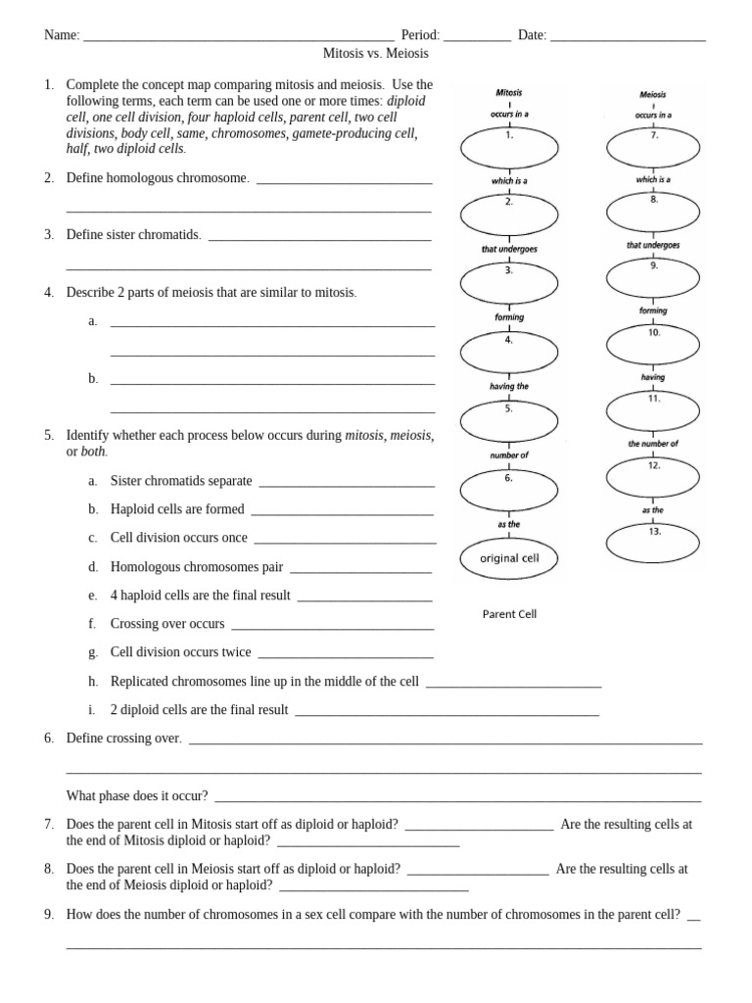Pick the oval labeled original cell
point(509,558)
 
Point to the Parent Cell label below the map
point(509,614)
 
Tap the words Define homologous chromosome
point(158,178)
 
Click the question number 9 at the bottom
point(48,914)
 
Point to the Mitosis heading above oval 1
point(509,93)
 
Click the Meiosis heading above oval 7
point(652,95)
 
